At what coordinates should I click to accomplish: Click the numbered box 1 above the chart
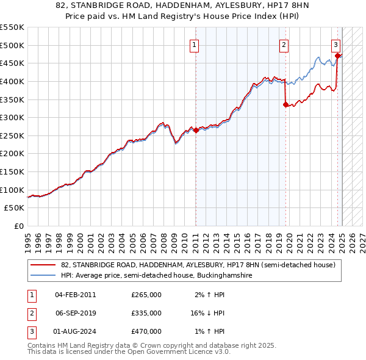tap(193, 44)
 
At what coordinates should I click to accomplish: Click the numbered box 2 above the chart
tap(284, 44)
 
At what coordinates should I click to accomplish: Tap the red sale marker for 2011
tap(196, 130)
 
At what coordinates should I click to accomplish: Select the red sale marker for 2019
tap(285, 104)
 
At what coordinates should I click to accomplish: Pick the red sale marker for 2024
tap(337, 56)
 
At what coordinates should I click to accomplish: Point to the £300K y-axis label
tap(12, 117)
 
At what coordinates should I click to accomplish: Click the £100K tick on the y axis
tap(12, 190)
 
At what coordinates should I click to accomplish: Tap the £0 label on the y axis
tap(18, 226)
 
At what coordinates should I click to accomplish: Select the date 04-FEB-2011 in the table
tap(76, 295)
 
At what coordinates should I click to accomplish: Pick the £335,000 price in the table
tap(146, 313)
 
